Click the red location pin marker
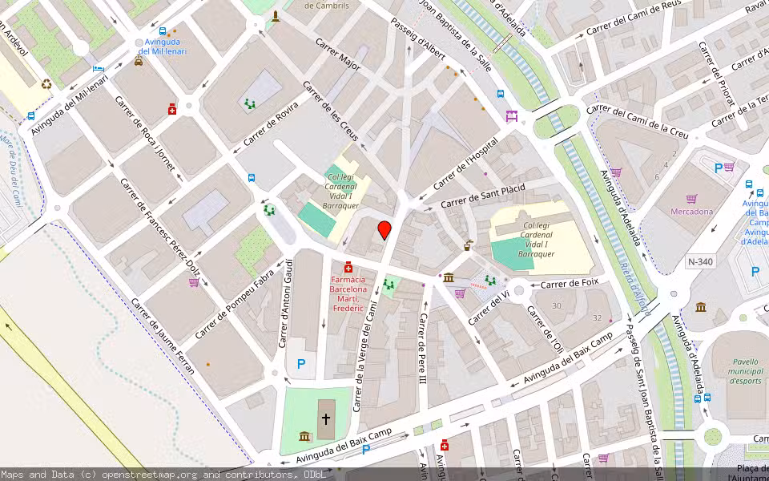pos(384,230)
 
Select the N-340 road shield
pos(699,261)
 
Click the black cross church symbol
pos(326,418)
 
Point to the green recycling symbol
pos(46,83)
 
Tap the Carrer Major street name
pos(337,55)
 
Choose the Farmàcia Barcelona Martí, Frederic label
pos(348,293)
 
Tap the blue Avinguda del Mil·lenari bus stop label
pos(162,46)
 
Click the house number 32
pos(597,318)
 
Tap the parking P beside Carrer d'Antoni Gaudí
pos(301,364)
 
